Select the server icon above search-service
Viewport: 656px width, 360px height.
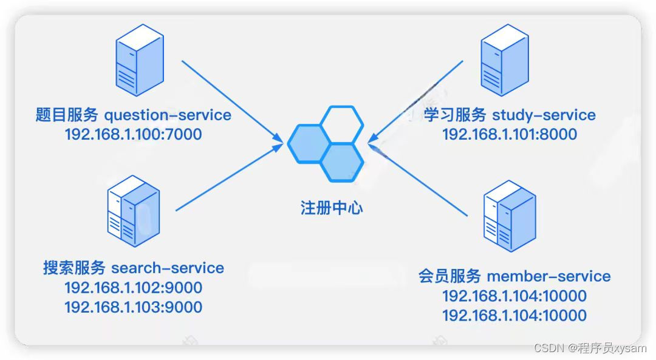click(x=134, y=211)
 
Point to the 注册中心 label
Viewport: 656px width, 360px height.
click(x=332, y=208)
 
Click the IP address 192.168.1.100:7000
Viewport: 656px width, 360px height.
click(x=133, y=134)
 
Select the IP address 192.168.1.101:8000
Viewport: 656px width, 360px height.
click(x=509, y=134)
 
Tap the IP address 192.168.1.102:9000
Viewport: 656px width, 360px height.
click(x=133, y=287)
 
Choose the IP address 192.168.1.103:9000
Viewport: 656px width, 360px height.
click(x=133, y=307)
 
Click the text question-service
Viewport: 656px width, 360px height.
click(x=168, y=115)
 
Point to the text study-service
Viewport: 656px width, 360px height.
click(x=544, y=115)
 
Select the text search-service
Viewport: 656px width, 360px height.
click(x=168, y=268)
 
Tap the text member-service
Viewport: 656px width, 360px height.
click(x=548, y=277)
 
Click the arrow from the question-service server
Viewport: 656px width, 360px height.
click(x=231, y=100)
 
